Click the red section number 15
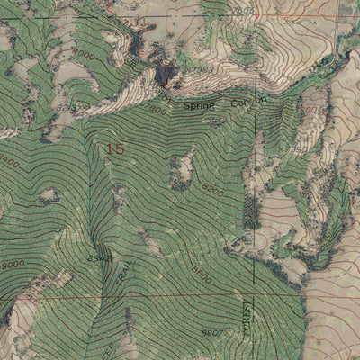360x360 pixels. (x=114, y=149)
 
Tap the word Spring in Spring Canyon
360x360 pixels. (x=199, y=105)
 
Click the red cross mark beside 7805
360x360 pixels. (x=256, y=15)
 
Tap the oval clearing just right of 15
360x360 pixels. (x=184, y=167)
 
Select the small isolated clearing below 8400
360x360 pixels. (x=48, y=195)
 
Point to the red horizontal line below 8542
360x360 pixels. (x=135, y=294)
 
